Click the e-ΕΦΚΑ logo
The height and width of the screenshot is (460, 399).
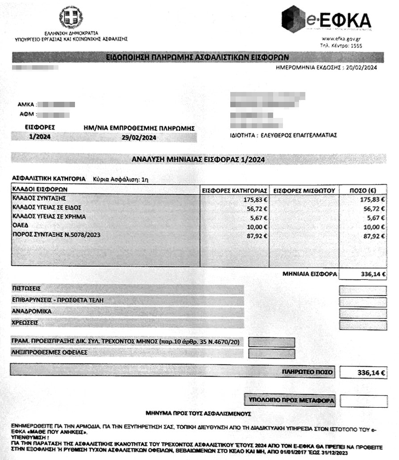click(x=326, y=20)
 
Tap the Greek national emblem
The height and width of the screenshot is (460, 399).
click(x=71, y=17)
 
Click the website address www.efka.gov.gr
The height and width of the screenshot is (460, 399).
click(x=341, y=39)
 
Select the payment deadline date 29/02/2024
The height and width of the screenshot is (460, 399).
click(x=139, y=138)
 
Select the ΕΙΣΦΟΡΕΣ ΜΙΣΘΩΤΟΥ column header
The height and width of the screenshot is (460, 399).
click(x=304, y=190)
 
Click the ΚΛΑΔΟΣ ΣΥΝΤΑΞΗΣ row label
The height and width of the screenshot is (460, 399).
click(x=39, y=198)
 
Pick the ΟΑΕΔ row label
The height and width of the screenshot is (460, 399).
click(x=20, y=226)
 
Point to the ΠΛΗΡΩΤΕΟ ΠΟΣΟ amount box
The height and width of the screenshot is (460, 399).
click(x=363, y=372)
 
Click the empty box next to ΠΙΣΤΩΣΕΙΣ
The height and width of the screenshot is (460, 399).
click(x=362, y=290)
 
